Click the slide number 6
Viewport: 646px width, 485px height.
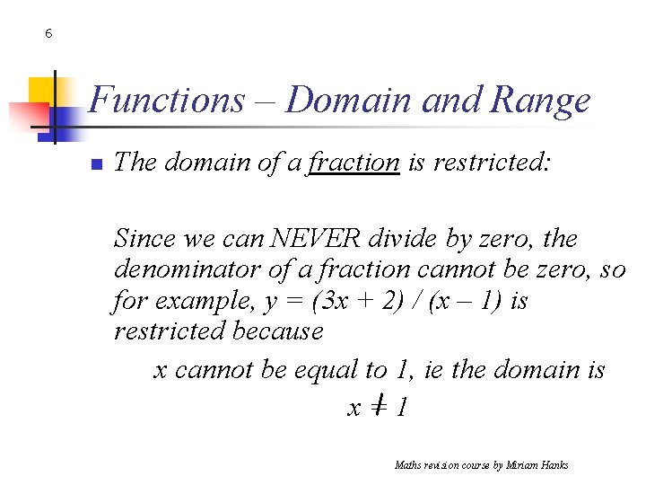48,34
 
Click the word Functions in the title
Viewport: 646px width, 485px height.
166,100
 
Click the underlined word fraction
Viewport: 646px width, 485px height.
354,163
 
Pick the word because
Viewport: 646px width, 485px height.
277,331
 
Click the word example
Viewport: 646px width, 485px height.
199,301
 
